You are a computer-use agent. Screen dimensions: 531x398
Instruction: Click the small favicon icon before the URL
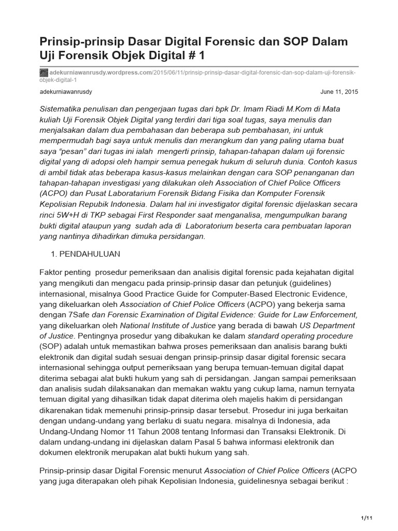44,73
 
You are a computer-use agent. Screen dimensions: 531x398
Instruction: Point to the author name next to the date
66,92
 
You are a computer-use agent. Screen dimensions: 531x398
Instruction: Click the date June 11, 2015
339,92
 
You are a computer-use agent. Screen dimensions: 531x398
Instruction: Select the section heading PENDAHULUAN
91,254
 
